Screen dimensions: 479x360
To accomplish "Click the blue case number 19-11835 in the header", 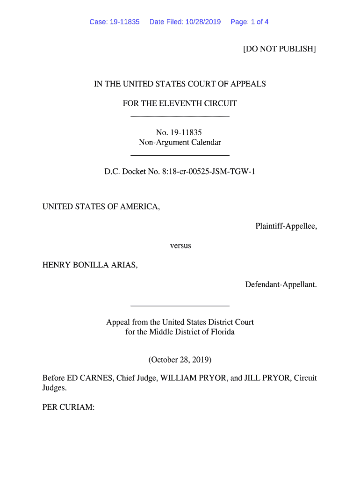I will click(124, 22).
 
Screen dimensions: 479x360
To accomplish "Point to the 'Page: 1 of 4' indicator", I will click(249, 22).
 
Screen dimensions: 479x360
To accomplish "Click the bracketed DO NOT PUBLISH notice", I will click(280, 49).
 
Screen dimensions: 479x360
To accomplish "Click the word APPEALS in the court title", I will click(247, 84).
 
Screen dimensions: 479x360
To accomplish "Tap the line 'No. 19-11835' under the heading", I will click(180, 133).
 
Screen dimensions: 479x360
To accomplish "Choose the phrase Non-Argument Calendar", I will click(180, 142).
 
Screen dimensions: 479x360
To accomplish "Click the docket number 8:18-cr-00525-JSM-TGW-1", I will click(208, 172).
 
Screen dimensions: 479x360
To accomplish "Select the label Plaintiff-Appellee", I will click(286, 226).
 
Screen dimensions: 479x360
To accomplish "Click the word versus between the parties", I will click(180, 245).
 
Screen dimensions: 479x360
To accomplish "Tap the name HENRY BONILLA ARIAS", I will click(90, 265).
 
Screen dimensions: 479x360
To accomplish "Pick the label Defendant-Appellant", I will click(281, 284).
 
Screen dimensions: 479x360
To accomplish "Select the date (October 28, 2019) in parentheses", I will click(180, 360).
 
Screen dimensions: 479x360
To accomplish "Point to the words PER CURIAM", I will click(68, 407).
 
